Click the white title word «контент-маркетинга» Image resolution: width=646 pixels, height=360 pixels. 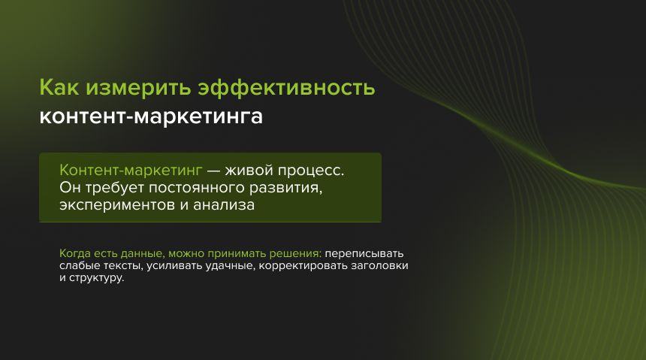coord(151,117)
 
